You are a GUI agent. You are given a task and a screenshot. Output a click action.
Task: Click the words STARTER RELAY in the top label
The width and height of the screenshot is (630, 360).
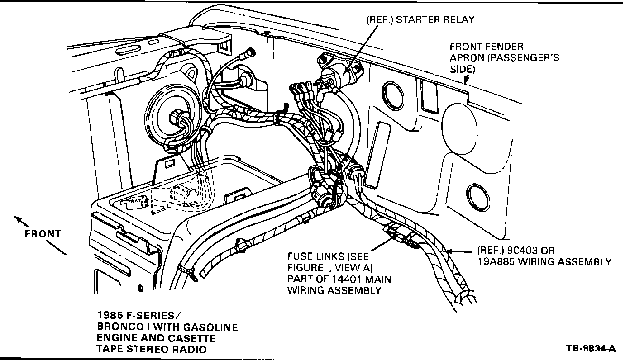435,20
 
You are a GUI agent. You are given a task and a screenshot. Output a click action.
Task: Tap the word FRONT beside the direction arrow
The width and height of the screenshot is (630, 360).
43,234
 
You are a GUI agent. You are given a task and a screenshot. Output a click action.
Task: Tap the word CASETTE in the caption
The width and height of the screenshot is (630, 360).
189,338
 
